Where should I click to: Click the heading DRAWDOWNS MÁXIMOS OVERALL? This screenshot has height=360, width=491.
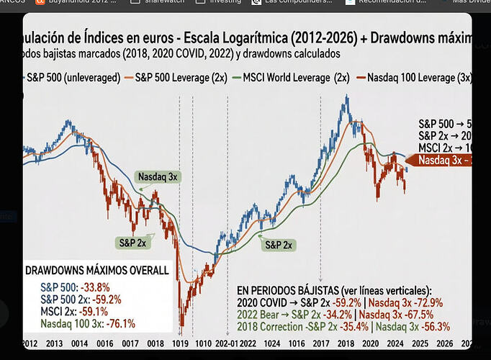pos(96,271)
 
